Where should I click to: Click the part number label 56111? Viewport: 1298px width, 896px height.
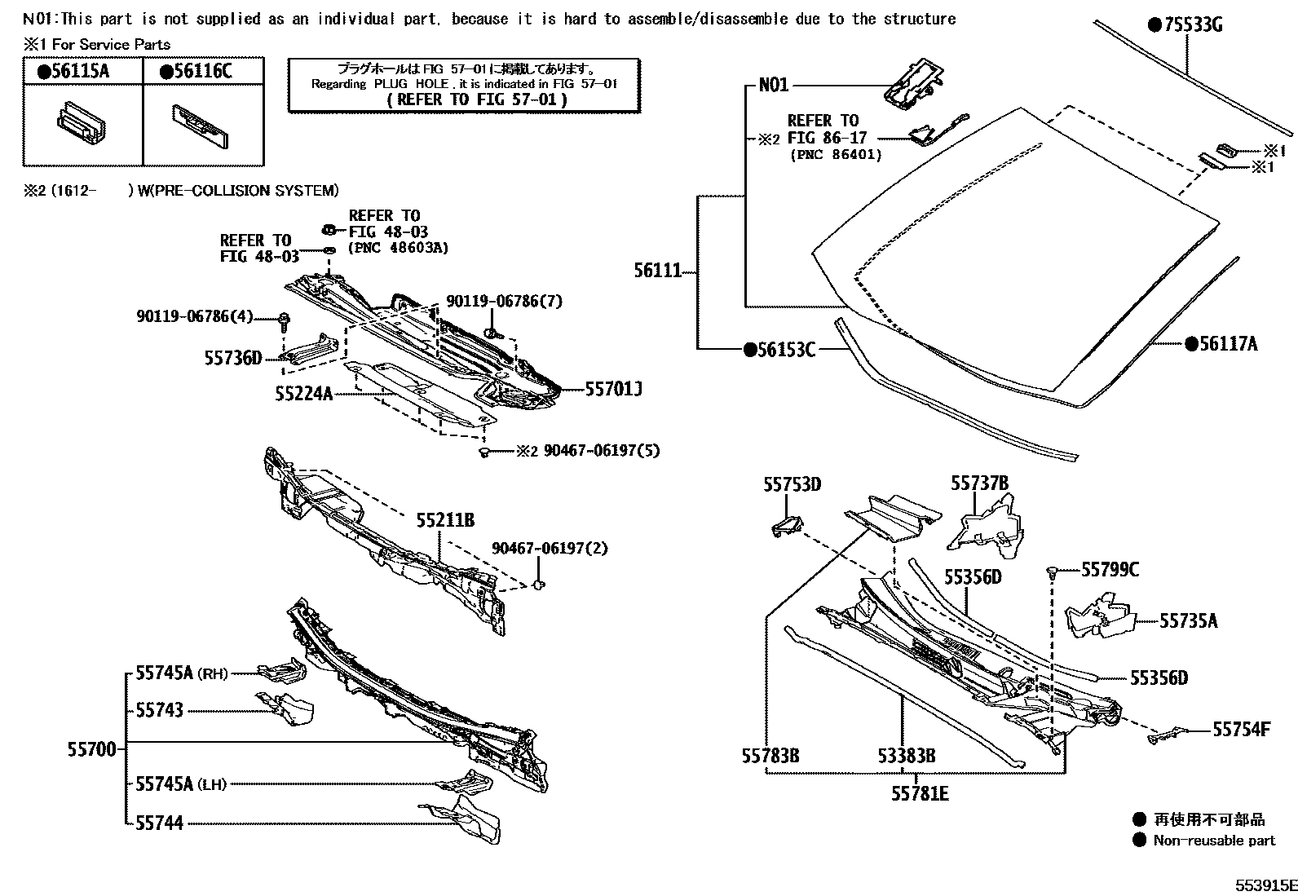(x=657, y=271)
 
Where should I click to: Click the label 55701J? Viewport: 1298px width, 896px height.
(x=613, y=390)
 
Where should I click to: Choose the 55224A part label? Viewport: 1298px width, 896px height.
(x=303, y=394)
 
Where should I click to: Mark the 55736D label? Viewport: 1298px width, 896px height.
(x=232, y=357)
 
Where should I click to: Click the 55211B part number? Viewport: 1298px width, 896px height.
(x=445, y=519)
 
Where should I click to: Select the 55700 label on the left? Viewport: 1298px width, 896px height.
(x=91, y=748)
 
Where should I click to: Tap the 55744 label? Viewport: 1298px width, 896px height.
(x=159, y=823)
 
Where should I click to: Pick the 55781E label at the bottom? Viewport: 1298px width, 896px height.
(x=919, y=792)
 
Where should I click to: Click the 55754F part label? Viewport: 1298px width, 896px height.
(x=1241, y=729)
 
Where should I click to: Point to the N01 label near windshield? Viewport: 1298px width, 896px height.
(x=773, y=85)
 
